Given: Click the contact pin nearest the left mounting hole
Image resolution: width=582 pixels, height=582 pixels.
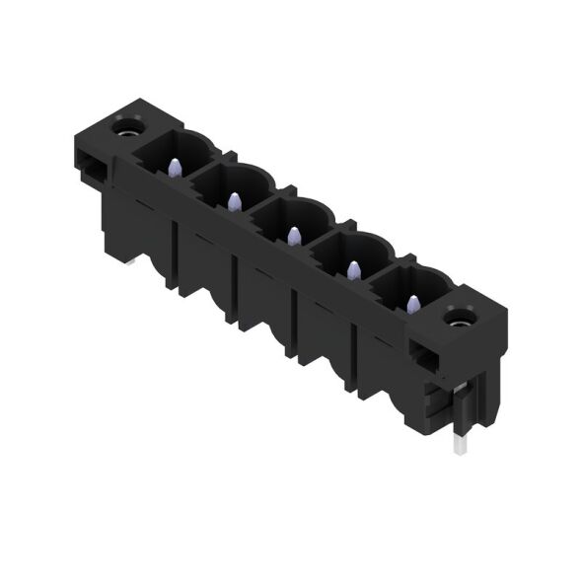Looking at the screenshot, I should click(x=175, y=168).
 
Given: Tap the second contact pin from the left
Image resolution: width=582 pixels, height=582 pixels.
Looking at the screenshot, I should click(x=234, y=201).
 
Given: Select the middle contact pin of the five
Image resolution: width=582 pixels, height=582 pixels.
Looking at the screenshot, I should click(x=293, y=235).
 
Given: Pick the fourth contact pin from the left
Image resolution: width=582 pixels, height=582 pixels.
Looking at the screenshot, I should click(x=352, y=268).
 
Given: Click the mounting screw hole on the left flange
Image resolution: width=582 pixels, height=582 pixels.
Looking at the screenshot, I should click(x=126, y=126).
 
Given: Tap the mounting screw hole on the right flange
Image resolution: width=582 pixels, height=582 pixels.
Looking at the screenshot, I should click(x=459, y=318).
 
